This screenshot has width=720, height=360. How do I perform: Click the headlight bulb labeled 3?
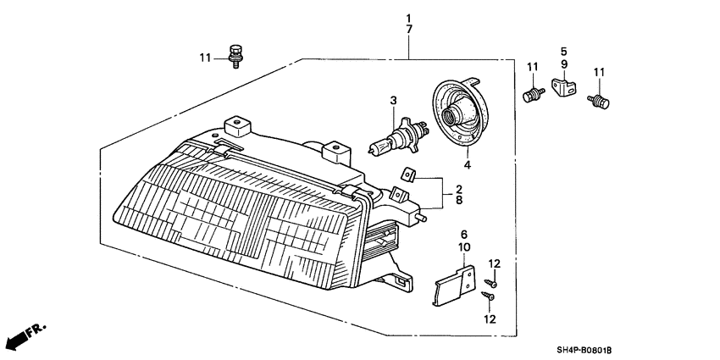coord(399,136)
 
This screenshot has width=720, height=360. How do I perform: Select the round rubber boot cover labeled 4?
coord(462,114)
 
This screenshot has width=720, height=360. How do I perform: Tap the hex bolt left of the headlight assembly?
coord(235,57)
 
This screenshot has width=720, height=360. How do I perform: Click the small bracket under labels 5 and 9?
coord(564,87)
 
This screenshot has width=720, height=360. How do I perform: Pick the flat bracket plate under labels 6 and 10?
coord(454,286)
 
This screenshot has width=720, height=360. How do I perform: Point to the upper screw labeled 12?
coord(490,283)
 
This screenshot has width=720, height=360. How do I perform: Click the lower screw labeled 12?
coord(488,296)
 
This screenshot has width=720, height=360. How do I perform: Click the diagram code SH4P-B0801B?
coord(584,351)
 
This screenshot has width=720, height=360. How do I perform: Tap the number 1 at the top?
coord(408,19)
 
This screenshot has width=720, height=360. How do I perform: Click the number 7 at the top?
coord(408,29)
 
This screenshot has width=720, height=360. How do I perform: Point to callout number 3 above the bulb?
coord(393,100)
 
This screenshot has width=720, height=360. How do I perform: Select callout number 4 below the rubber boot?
coord(467,164)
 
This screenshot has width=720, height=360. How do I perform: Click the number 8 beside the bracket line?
coord(459,200)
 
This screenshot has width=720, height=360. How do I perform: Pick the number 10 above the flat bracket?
coord(464,247)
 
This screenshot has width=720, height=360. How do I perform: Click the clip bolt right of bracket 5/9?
coord(599,101)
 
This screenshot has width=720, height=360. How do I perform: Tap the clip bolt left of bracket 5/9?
coord(534,95)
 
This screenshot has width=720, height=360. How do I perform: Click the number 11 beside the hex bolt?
coord(205,58)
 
